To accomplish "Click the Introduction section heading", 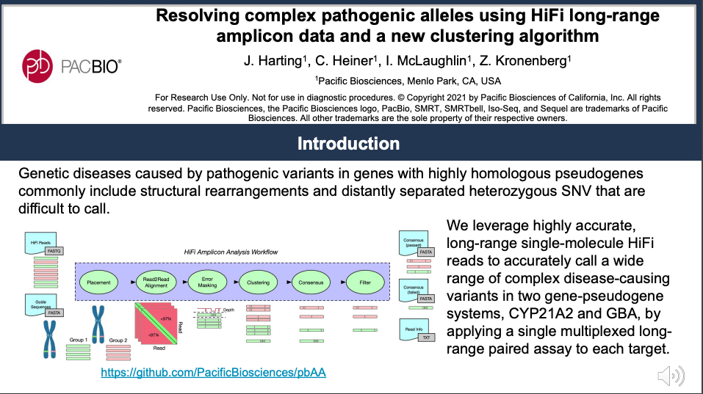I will [x=348, y=143].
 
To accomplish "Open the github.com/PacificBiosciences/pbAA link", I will [x=213, y=373].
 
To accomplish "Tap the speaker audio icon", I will [x=671, y=376].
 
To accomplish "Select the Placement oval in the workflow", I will [x=98, y=282].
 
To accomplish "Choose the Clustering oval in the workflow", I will [x=258, y=282].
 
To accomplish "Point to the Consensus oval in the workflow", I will [x=309, y=282].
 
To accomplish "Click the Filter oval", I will [x=365, y=282].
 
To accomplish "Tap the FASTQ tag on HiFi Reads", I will [x=54, y=251].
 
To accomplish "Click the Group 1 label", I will [x=79, y=340].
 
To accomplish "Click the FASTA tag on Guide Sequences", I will [x=54, y=313].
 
